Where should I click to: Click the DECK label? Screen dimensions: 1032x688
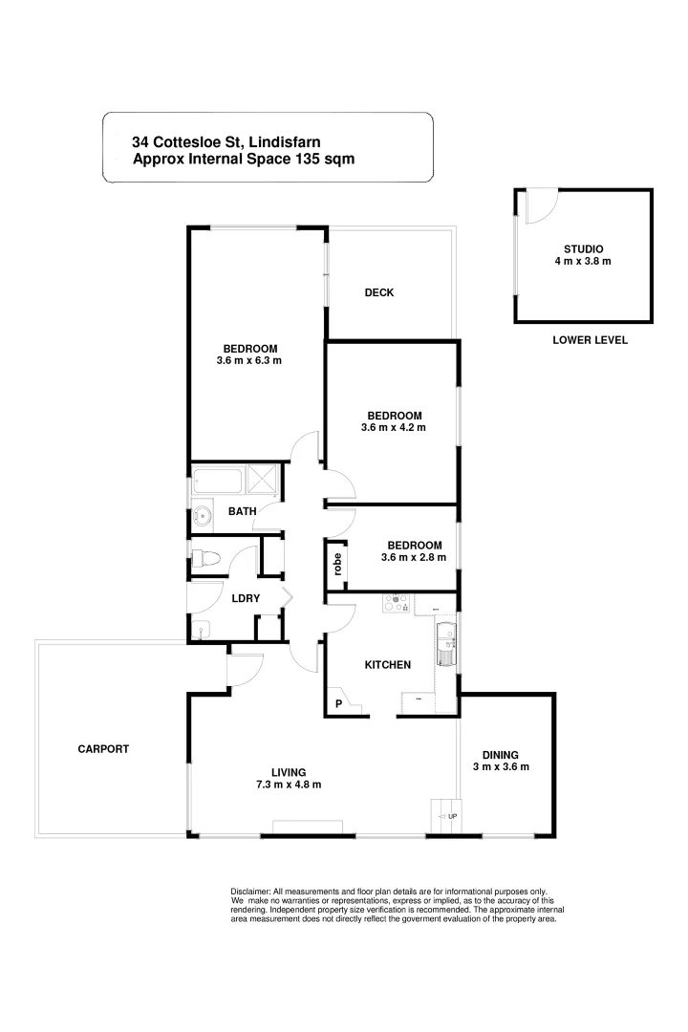[x=379, y=292]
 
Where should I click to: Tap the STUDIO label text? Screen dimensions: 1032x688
[x=583, y=248]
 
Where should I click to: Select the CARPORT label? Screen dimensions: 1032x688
[x=103, y=749]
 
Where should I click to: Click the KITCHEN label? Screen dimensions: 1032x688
[x=388, y=664]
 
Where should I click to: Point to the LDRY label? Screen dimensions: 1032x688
[x=246, y=598]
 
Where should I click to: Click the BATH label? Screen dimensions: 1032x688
[x=242, y=512]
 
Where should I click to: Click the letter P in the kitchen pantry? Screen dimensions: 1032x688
[x=337, y=705]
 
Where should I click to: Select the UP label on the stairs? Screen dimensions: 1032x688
[x=452, y=817]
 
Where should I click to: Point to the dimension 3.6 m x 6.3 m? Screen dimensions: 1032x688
[x=249, y=361]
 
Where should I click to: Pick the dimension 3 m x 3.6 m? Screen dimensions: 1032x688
[x=501, y=766]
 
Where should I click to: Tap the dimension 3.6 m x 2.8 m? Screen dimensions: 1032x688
[x=415, y=557]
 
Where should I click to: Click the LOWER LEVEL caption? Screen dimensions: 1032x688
[x=590, y=340]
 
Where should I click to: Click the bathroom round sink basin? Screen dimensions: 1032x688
[x=203, y=517]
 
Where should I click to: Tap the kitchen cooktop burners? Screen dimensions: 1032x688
[x=396, y=603]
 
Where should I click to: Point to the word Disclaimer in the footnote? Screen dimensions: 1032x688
[x=251, y=891]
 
